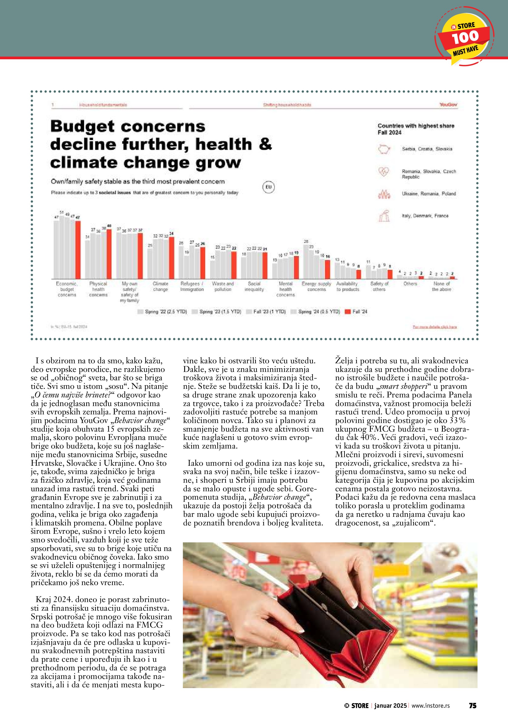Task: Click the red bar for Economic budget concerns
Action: coord(78,250)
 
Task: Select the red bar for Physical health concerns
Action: coord(109,254)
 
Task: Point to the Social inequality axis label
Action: coord(254,286)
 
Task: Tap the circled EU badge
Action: coord(268,187)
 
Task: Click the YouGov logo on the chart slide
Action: coord(448,104)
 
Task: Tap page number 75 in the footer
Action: coord(472,705)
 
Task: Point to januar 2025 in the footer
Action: coord(390,705)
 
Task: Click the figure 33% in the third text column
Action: coord(457,421)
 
